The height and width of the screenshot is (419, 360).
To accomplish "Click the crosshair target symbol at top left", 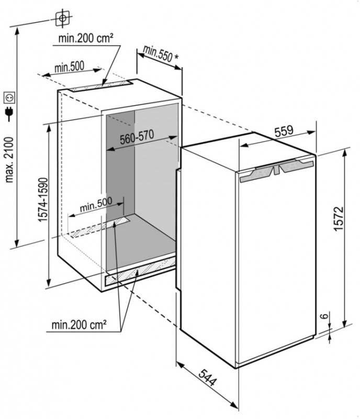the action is [x=63, y=18].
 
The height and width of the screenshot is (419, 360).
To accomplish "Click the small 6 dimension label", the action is [x=324, y=316].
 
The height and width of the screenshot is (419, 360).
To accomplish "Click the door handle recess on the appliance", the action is [x=276, y=170].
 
